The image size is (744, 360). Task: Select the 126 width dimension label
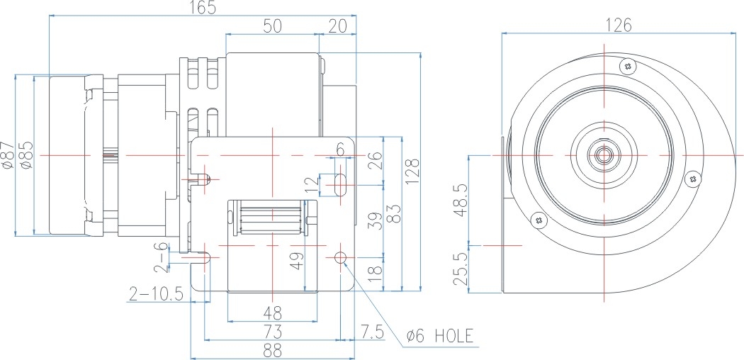[x=618, y=25]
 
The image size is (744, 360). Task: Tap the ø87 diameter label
[x=9, y=155]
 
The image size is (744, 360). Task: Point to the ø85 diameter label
[x=26, y=155]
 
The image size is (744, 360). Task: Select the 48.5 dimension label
[x=461, y=201]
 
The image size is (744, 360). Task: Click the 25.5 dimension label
[x=461, y=268]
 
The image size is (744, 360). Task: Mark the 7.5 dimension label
[x=373, y=331]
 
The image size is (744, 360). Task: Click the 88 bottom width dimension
[x=272, y=349]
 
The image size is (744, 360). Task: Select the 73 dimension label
[x=272, y=331]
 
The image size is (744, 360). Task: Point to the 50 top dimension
[x=272, y=26]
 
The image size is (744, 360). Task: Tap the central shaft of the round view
[x=604, y=154]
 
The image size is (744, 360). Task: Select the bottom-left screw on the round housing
[x=540, y=219]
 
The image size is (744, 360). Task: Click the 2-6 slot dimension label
[x=163, y=257]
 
